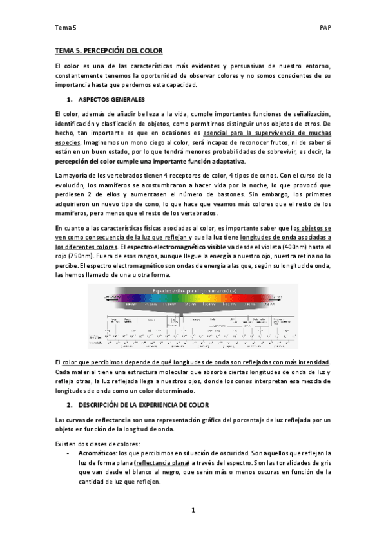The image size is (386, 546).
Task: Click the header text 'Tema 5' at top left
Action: [65, 27]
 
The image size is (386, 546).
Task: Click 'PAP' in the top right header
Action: [325, 27]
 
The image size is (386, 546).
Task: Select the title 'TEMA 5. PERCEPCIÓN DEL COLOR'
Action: [109, 50]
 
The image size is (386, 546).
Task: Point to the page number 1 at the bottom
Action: [193, 511]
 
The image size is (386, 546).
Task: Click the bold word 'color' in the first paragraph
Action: [72, 66]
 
